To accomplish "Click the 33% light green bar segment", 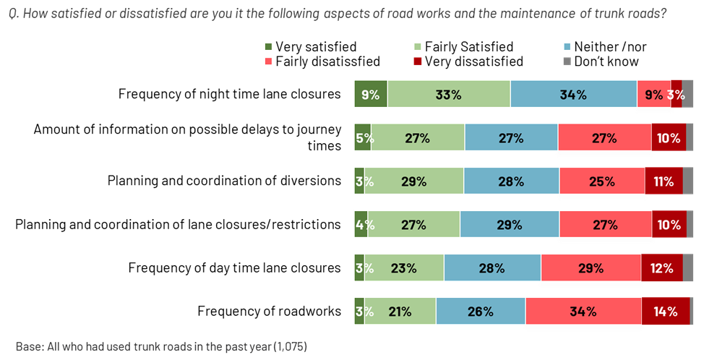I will click(x=449, y=95).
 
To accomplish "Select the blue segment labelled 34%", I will click(x=573, y=95).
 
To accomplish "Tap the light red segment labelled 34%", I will click(x=583, y=312).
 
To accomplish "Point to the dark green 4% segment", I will click(x=361, y=225).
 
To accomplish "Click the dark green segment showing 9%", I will click(x=370, y=95).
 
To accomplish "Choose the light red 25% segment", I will click(x=601, y=181).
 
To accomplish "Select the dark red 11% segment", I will click(x=664, y=181).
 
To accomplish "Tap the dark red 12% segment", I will click(x=661, y=268).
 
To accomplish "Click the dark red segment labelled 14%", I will click(x=666, y=312).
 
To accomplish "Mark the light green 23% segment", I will click(x=404, y=268).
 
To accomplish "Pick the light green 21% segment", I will click(x=400, y=312).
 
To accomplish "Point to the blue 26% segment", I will click(x=481, y=312).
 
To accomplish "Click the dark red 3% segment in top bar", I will click(x=677, y=95).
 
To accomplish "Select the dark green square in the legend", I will click(x=269, y=47).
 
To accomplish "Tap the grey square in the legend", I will click(x=567, y=61).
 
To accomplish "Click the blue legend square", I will click(x=567, y=47).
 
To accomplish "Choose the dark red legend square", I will click(x=417, y=61).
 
